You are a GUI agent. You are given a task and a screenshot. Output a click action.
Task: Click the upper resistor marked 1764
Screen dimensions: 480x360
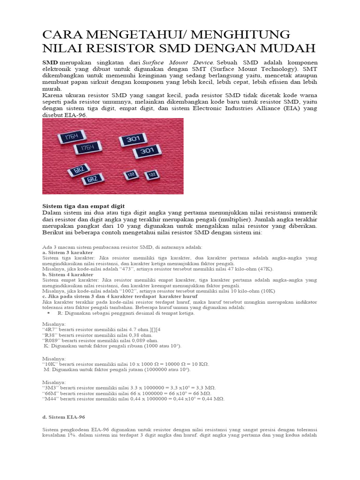tap(71, 136)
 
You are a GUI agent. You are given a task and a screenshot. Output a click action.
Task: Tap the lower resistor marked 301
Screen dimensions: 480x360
tap(147, 151)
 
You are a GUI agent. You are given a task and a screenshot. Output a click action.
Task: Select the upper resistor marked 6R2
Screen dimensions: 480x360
tap(77, 170)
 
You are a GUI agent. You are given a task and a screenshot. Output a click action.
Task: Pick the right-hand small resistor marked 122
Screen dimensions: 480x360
tap(151, 175)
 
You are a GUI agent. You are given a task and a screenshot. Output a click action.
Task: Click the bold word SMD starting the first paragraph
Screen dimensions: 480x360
tap(50, 62)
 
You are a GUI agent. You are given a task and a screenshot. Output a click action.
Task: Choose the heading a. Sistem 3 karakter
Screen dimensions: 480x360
tap(67, 252)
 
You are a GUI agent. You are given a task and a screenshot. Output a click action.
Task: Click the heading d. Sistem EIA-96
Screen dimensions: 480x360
tap(64, 417)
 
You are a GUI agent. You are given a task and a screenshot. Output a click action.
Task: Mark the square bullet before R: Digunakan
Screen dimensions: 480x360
tap(49, 313)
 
